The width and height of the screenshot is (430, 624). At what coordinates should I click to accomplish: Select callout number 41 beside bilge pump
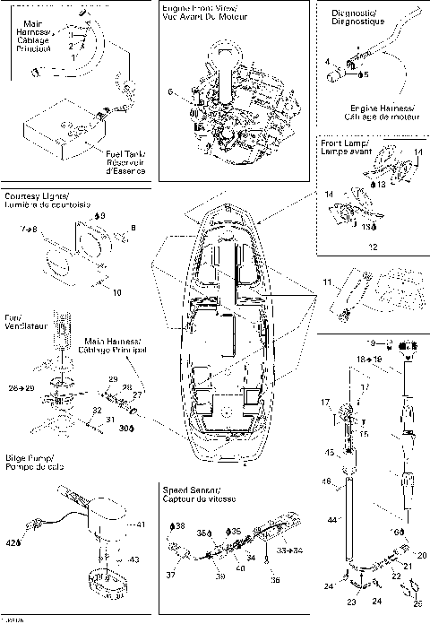point(139,524)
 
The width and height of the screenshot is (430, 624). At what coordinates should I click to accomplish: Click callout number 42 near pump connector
point(13,543)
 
